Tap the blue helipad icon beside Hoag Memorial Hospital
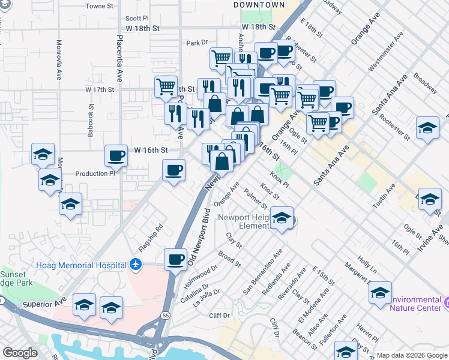pos(136,265)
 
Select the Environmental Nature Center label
pos(415,304)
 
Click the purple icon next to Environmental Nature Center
pos(446,300)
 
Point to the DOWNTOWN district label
pos(259,5)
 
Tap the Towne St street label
pos(100,6)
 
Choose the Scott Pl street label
pos(137,19)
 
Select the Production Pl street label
pos(95,173)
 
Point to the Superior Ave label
pos(43,304)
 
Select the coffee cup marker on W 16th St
pos(116,155)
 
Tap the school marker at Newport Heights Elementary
pos(281,218)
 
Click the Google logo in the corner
pos(20,353)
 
